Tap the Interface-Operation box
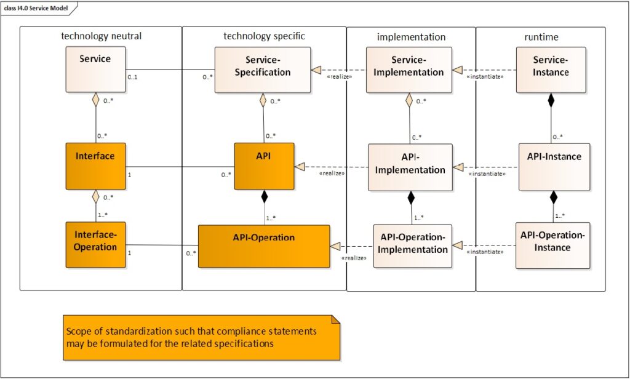95,244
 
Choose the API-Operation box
263,245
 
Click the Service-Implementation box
409,70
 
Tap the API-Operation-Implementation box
413,245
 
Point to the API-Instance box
554,167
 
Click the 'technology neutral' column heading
102,36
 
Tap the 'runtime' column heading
541,37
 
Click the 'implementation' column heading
411,37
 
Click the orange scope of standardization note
201,337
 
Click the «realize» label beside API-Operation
354,258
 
